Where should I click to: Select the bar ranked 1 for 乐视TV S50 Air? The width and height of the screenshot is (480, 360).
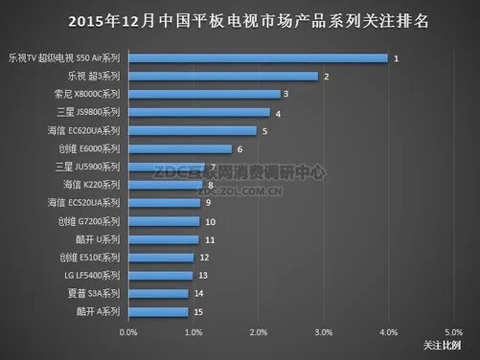click(x=257, y=58)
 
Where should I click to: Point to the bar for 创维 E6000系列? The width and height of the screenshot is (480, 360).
click(x=179, y=148)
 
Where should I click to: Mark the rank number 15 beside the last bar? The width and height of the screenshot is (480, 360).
click(x=196, y=311)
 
